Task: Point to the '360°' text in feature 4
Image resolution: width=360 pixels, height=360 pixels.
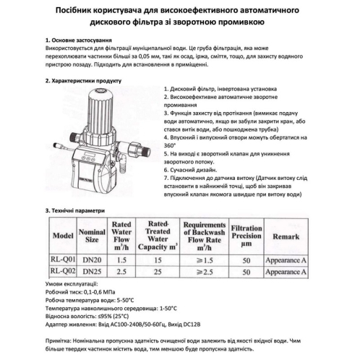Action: (171, 145)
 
